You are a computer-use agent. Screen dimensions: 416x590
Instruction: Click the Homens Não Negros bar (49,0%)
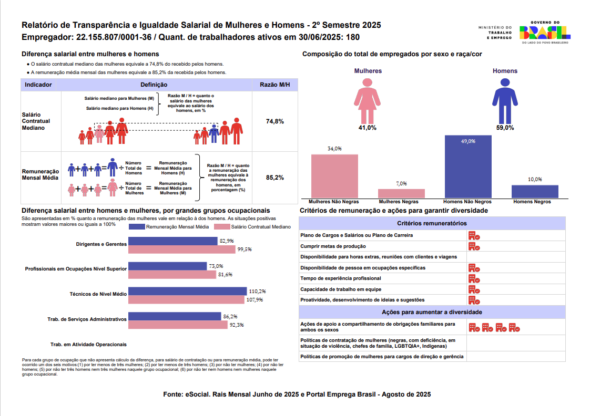468,167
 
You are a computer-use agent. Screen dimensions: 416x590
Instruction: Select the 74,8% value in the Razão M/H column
275,121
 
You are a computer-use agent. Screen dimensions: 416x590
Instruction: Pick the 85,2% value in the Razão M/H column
275,178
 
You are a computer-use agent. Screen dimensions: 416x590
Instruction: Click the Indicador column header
38,85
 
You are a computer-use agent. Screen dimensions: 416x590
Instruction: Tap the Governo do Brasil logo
545,34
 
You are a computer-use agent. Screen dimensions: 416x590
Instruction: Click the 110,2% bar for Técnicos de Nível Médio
188,291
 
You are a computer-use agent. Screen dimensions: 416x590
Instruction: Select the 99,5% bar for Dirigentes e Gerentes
182,249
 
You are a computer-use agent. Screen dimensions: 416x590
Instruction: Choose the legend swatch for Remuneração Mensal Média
136,227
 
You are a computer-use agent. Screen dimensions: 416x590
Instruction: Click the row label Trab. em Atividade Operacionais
88,345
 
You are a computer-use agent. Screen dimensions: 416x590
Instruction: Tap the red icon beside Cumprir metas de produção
474,246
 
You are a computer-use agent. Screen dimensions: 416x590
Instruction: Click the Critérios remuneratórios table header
432,223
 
